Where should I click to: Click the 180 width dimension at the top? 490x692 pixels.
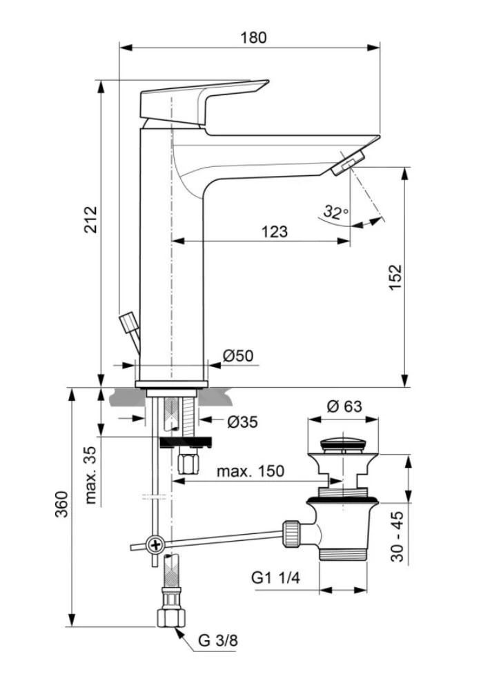click(x=253, y=37)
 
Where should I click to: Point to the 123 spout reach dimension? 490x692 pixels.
click(x=275, y=231)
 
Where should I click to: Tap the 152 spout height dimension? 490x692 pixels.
click(x=395, y=277)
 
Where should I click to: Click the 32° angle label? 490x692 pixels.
click(x=336, y=212)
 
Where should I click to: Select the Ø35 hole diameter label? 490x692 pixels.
click(x=242, y=421)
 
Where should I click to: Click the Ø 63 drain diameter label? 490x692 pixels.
click(x=344, y=406)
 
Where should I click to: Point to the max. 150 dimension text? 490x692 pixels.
click(x=250, y=471)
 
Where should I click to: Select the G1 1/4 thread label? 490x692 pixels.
click(x=275, y=578)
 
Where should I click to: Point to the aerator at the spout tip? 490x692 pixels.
click(x=345, y=164)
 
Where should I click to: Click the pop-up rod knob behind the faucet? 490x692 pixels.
click(x=129, y=324)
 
